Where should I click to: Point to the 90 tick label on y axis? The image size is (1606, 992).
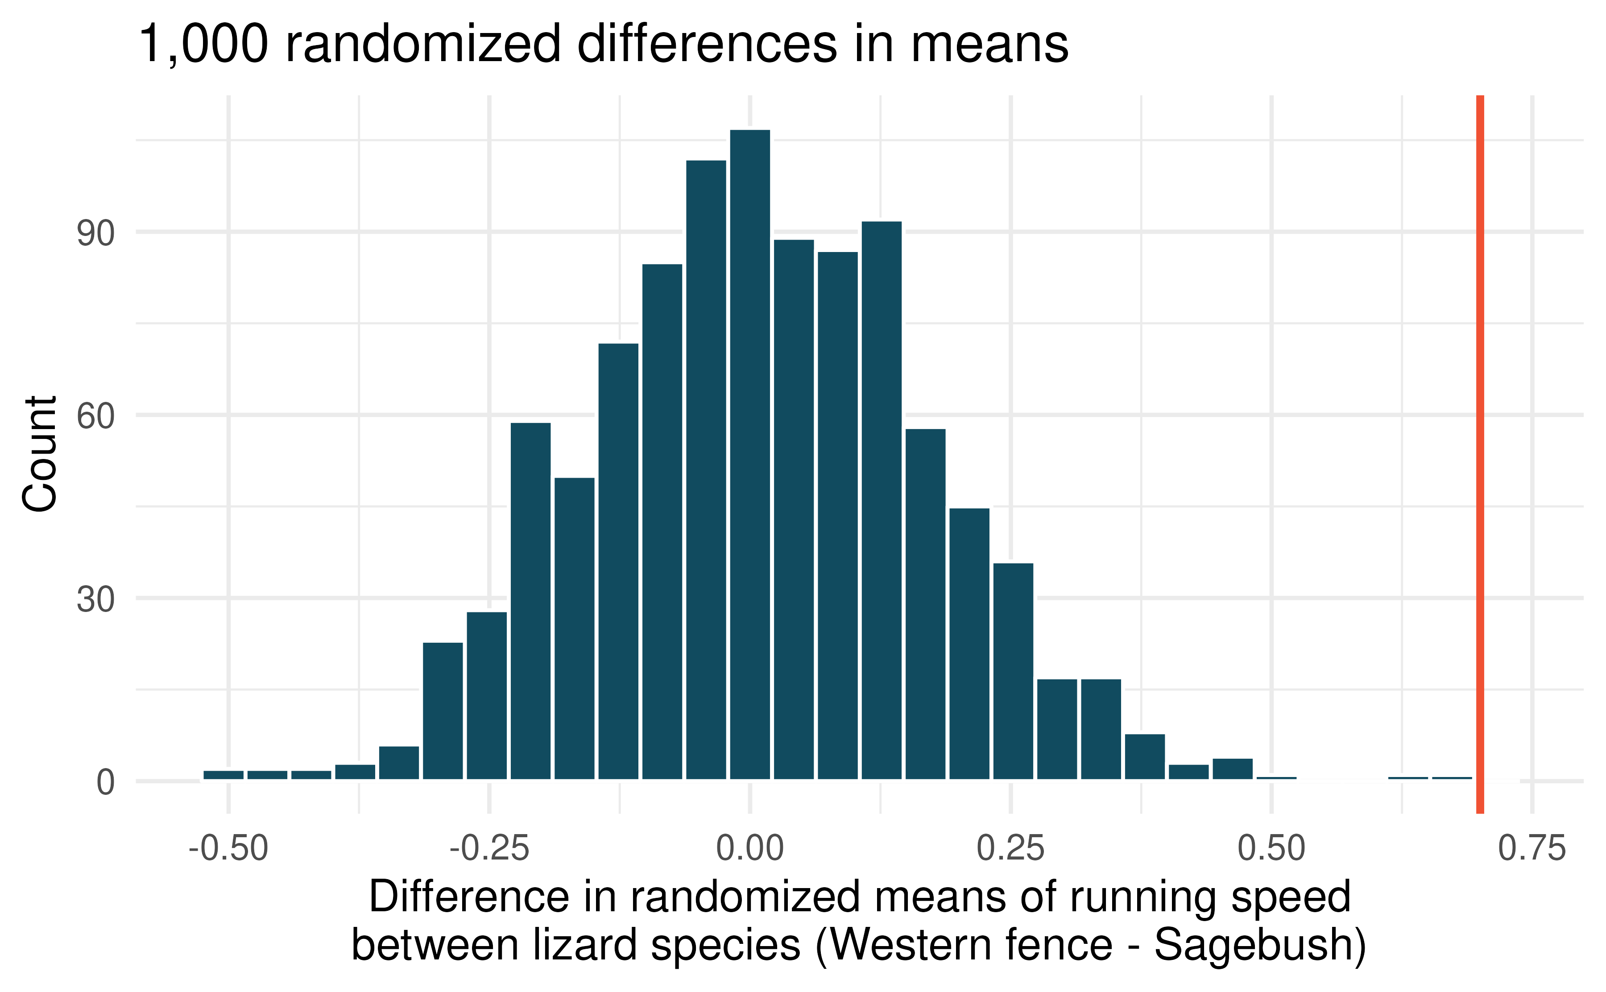tap(95, 234)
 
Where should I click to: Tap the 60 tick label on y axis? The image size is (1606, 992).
tap(95, 417)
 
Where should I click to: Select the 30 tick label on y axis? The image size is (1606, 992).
tap(95, 599)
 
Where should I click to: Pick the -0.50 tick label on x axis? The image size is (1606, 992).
tap(228, 848)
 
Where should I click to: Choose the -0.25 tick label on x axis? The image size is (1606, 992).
tap(489, 848)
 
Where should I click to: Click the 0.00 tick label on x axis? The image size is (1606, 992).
tap(750, 848)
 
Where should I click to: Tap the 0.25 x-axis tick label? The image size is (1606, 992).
tap(1010, 848)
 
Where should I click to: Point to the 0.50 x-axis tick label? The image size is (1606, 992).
tap(1271, 848)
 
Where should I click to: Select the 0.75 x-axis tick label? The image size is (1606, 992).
tap(1532, 848)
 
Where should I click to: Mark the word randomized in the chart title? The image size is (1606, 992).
tap(423, 45)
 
